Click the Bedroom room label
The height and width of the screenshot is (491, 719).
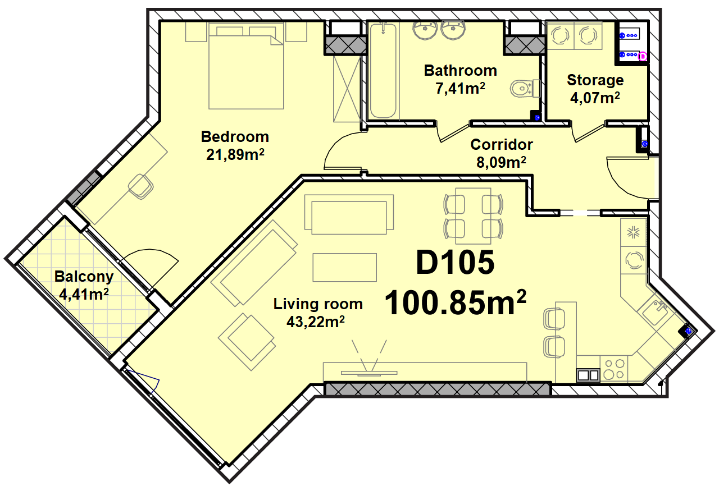coord(235,137)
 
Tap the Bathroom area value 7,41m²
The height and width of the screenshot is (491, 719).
coord(460,88)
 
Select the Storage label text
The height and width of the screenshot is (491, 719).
coord(595,80)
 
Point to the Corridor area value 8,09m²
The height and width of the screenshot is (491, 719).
coord(501,162)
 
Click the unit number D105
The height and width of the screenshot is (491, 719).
coord(455,263)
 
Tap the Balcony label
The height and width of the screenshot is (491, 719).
coord(84,277)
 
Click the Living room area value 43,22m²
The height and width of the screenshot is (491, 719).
coord(316,322)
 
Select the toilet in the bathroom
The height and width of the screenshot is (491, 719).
coord(525,88)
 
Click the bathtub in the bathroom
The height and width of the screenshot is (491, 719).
coord(383,71)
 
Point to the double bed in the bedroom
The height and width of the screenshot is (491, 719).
coord(246,66)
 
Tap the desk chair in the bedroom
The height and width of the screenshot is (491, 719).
coord(141,186)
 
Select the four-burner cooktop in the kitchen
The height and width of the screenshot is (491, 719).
coord(615,369)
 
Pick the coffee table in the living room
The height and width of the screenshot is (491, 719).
coord(344,268)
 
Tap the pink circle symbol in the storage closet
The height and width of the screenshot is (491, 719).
coord(643,57)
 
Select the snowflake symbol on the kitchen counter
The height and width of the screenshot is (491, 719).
coord(633,232)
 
